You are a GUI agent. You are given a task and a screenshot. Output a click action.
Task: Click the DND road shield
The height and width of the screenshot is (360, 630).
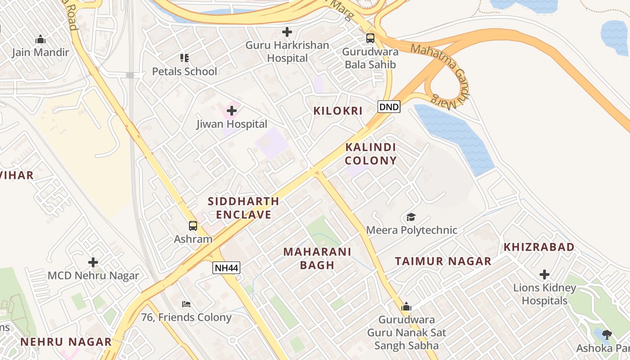389,107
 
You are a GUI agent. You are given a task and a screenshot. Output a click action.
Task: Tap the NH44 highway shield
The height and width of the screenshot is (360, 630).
226,268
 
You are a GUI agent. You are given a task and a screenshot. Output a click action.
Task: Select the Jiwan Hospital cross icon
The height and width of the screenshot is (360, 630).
232,110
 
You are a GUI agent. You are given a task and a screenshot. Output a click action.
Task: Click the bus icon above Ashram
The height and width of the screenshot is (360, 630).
193,226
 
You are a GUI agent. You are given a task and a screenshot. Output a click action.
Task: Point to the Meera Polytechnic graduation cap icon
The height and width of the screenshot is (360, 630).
411,217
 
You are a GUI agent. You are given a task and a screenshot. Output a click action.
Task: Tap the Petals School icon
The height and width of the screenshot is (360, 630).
184,58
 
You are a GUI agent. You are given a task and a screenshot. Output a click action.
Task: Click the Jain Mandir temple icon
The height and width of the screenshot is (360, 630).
40,39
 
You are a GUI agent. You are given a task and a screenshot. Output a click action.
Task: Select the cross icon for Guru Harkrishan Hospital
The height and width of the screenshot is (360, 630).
287,32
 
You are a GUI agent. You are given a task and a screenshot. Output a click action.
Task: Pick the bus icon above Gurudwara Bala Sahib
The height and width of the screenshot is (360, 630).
370,38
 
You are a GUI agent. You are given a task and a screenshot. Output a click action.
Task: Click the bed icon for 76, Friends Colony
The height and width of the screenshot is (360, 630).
186,304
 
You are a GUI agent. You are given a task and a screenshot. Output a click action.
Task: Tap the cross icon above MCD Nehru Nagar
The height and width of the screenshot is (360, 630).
93,262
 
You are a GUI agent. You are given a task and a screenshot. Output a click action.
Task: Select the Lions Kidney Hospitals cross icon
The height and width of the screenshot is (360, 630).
544,274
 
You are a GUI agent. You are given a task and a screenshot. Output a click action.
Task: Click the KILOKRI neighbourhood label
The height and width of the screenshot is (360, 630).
338,111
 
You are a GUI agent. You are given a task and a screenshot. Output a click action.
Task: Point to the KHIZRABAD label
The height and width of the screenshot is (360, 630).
539,247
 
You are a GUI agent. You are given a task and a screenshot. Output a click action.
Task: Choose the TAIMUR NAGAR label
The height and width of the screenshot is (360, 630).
443,261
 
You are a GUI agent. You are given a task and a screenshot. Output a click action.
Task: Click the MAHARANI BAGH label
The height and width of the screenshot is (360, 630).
317,258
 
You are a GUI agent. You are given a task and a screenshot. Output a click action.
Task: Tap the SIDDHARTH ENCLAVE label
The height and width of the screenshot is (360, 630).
243,208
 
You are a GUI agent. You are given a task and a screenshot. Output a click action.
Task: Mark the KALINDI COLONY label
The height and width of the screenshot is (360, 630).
371,154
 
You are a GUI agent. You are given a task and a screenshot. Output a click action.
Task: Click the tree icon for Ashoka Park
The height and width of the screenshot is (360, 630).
607,334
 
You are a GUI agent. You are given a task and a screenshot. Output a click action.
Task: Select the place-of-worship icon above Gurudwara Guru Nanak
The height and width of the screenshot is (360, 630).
406,307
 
